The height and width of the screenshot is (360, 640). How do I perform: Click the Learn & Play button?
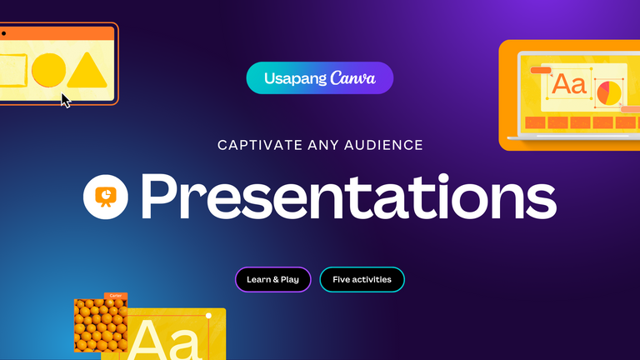[x=273, y=280]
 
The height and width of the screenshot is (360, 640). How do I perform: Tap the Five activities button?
[x=362, y=280]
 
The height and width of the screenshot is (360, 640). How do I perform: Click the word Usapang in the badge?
[x=296, y=79]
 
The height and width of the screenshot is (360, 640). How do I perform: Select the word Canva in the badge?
[x=352, y=77]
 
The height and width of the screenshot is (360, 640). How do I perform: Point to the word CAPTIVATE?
[x=260, y=145]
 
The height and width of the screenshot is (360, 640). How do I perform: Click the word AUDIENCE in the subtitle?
[x=383, y=145]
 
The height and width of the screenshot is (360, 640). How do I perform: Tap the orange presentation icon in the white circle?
[x=106, y=197]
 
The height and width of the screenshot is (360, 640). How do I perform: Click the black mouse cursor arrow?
[x=65, y=100]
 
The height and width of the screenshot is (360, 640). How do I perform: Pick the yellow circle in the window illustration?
[x=48, y=70]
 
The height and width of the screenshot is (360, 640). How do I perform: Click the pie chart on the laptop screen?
[x=609, y=93]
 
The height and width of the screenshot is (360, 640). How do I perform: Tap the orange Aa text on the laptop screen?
[x=569, y=84]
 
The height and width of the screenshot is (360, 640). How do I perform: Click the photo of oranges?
[x=101, y=325]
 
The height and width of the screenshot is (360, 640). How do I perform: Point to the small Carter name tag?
[x=116, y=296]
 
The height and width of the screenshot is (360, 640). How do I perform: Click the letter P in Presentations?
[x=159, y=197]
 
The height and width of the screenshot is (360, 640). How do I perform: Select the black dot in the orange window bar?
[x=3, y=33]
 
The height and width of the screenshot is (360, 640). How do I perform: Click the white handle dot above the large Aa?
[x=208, y=316]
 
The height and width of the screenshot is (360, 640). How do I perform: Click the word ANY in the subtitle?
[x=323, y=145]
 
